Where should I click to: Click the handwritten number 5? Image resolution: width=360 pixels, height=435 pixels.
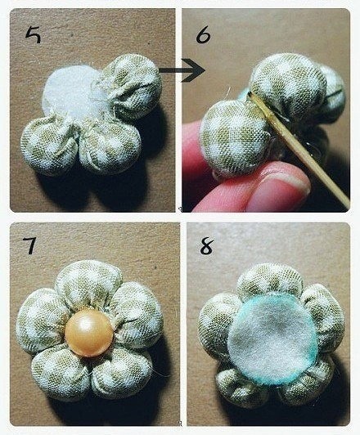[34, 35]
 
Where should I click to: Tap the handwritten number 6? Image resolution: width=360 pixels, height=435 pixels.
[203, 35]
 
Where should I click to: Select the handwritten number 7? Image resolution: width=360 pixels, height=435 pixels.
[29, 245]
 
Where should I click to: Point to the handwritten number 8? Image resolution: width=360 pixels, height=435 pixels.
[207, 246]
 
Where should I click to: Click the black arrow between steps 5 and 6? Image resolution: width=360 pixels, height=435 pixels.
[182, 70]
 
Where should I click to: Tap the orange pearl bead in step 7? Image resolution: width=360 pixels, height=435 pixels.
[89, 333]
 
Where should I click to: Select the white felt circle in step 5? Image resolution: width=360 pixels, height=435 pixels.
[73, 92]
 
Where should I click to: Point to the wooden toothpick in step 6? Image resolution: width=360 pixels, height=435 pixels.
[299, 149]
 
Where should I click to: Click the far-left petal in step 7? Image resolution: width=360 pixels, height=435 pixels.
[41, 321]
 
